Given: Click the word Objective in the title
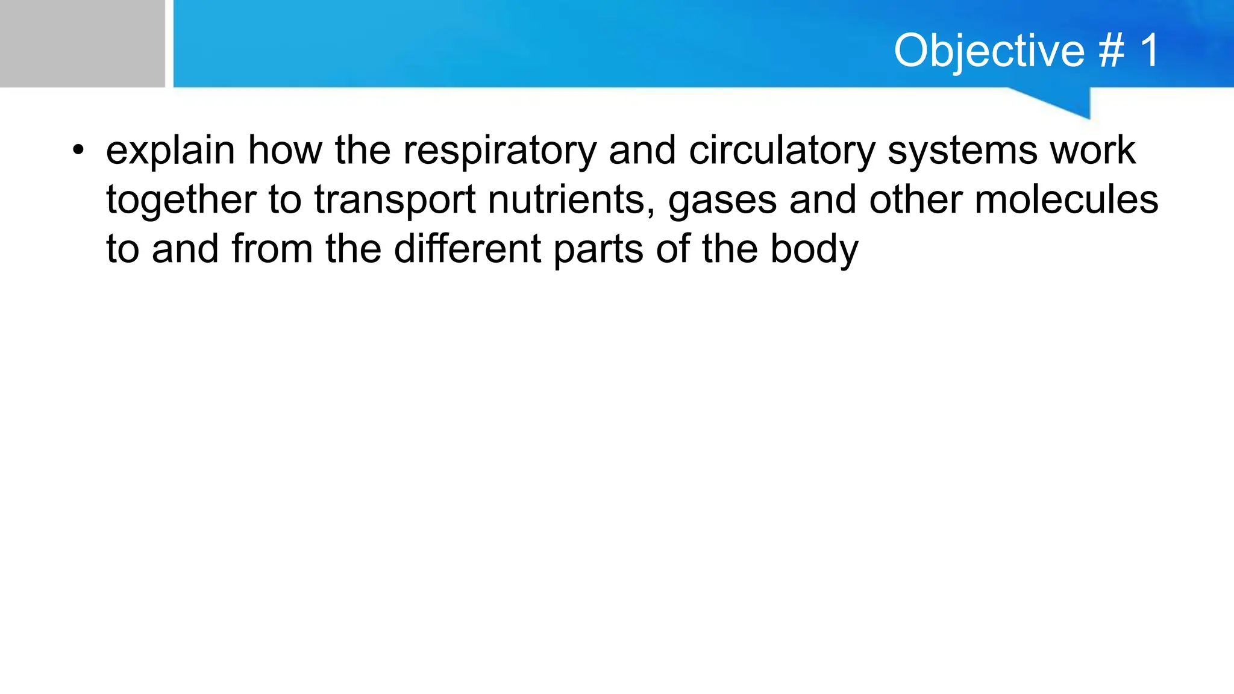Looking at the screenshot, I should (989, 51).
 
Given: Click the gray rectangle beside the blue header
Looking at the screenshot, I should (82, 43).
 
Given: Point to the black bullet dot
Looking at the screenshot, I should (77, 151).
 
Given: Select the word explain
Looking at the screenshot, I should (171, 151).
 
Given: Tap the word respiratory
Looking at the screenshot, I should (500, 151).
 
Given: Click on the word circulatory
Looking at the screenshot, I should (781, 151).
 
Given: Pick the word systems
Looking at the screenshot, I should (962, 151).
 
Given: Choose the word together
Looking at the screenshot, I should (181, 200).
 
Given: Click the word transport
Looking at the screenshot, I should (395, 200).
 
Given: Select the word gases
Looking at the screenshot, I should (722, 200).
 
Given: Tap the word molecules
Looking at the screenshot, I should (1066, 200).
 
